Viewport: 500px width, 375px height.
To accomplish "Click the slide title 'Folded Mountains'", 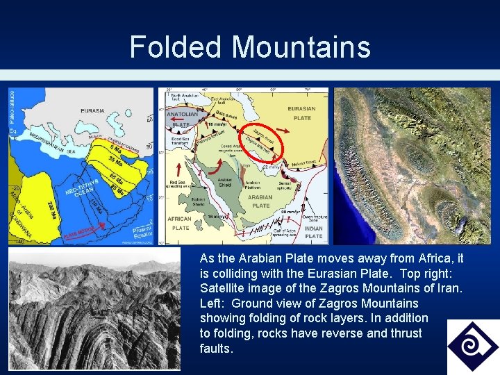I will pyautogui.click(x=250, y=47).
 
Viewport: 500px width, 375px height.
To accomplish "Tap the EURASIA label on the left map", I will pyautogui.click(x=92, y=110).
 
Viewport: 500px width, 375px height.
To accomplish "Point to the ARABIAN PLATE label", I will pyautogui.click(x=261, y=201).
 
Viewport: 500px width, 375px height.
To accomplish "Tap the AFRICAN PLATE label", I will pyautogui.click(x=180, y=224).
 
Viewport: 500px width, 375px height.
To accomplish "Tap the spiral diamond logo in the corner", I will pyautogui.click(x=472, y=346).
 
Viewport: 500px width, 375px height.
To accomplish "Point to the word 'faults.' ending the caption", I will pyautogui.click(x=216, y=349).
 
